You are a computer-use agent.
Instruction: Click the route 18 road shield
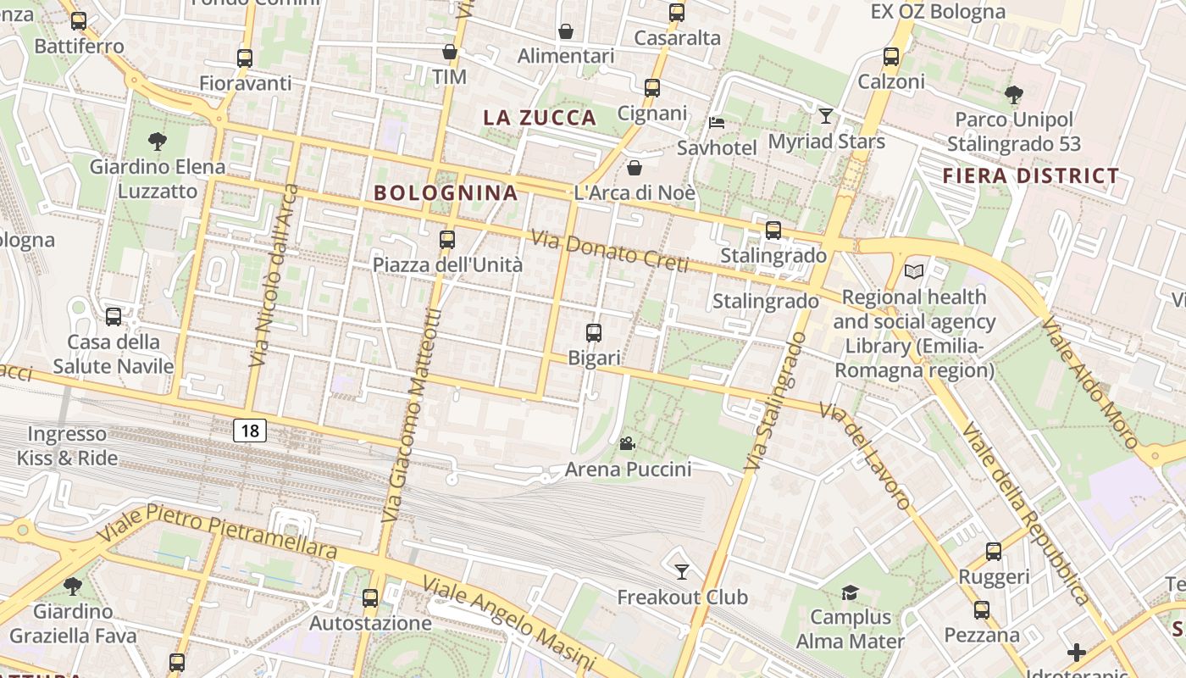tap(250, 431)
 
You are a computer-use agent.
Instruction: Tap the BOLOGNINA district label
tap(446, 192)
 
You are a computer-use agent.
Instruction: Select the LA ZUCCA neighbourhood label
tap(540, 118)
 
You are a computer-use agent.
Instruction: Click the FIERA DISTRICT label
tap(1031, 176)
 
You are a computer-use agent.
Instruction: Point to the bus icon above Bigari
tap(594, 333)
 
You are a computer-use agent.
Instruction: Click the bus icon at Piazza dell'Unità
tap(447, 240)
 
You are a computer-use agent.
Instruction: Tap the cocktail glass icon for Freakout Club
tap(681, 571)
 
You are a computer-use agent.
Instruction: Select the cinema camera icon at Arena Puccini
tap(627, 443)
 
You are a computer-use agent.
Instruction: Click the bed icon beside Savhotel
tap(717, 122)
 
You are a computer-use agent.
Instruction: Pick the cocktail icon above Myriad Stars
tap(826, 115)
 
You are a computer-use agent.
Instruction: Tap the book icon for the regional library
tap(913, 271)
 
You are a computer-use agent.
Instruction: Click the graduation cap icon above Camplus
tap(850, 592)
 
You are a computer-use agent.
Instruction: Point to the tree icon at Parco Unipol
tap(1013, 94)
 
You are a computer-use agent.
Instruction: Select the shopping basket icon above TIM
tap(450, 52)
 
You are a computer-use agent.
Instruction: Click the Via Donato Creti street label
tap(610, 252)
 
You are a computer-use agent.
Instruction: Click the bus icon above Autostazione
tap(370, 597)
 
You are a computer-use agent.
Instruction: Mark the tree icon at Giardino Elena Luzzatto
tap(157, 141)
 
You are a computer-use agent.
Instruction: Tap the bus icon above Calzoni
tap(891, 57)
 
